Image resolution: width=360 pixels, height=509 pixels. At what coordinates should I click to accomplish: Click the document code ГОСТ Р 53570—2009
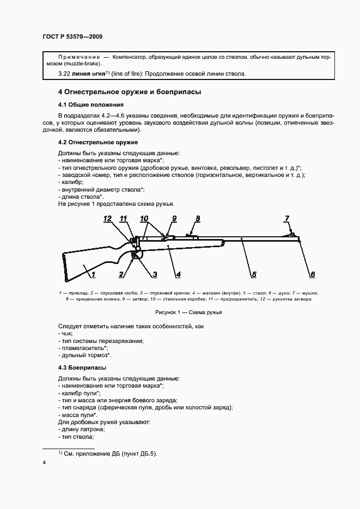72,36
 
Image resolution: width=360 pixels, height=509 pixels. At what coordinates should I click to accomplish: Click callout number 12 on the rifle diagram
108,218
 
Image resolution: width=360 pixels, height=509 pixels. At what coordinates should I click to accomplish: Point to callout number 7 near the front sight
287,218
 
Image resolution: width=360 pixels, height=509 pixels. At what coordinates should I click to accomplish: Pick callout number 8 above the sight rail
198,218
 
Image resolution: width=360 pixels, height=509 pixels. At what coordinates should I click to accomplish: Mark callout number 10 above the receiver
144,218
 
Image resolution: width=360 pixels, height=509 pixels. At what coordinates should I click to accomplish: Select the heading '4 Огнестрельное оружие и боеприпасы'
130,92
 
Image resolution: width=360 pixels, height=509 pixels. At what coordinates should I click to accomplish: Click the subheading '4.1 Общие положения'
90,105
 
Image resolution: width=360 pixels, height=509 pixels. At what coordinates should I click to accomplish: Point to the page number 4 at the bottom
44,463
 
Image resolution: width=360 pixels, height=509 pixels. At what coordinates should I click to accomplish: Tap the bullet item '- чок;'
65,333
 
